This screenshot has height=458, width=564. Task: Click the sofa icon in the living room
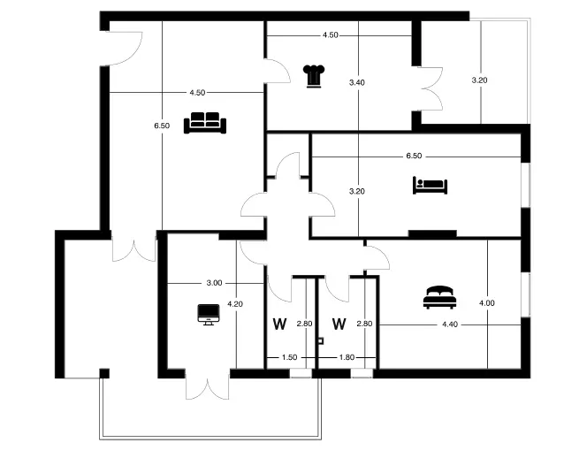[205, 123]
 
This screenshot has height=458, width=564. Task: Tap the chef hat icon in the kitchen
[314, 76]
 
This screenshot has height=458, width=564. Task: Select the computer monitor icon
[209, 315]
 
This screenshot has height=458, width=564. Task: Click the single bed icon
[430, 186]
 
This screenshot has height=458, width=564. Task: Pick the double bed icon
[439, 297]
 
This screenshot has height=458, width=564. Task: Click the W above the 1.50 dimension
[279, 324]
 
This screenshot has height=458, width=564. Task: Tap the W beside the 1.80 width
[339, 324]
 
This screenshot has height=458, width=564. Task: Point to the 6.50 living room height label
[162, 126]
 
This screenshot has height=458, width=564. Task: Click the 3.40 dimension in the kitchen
[357, 82]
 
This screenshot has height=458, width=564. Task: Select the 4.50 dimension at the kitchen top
[331, 35]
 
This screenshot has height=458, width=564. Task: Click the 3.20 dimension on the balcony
[479, 80]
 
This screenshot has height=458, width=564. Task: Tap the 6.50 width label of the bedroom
[414, 156]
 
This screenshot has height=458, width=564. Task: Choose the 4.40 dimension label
[450, 324]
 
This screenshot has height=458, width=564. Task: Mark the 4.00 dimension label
[487, 303]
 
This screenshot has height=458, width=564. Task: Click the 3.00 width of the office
[215, 283]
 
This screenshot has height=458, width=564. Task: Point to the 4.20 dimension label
[235, 304]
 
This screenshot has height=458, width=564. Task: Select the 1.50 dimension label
[290, 357]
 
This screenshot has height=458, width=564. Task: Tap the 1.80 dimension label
[347, 357]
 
